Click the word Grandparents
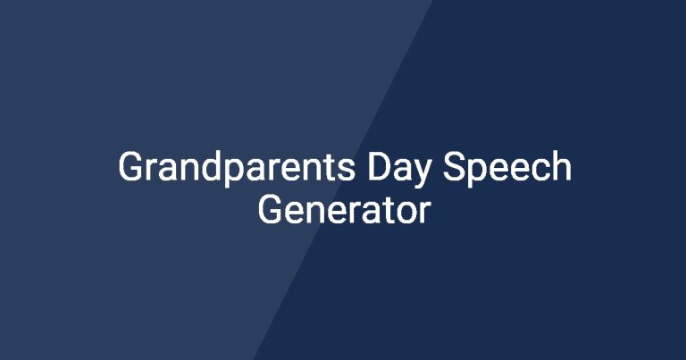pos(237,168)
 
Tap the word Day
pos(398,169)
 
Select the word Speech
pos(507,168)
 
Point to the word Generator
pos(344,210)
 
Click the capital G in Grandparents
pos(131,166)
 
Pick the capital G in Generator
pos(271,209)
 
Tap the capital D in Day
pos(379,166)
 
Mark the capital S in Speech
pos(455,166)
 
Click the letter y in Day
pos(421,173)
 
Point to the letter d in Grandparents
pos(213,166)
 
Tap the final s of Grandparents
pos(347,170)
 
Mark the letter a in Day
pos(402,170)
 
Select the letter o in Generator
pos(408,213)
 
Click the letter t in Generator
pos(389,212)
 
